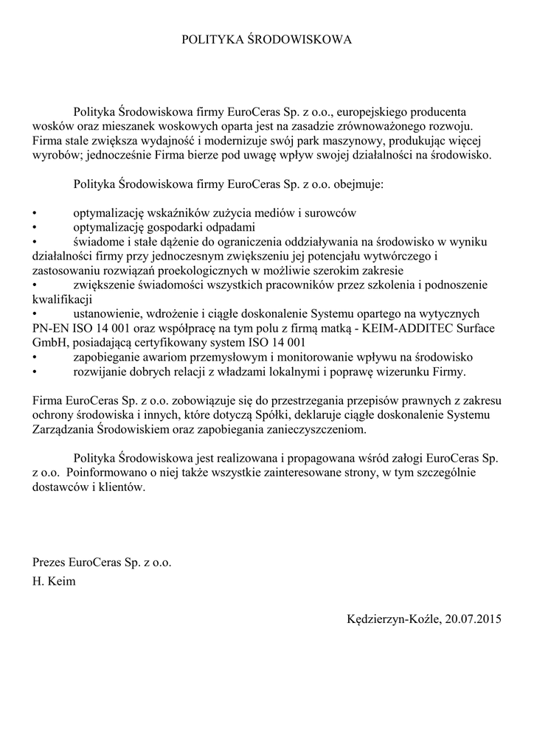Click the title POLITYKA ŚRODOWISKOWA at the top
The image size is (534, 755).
point(267,39)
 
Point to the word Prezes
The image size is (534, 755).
point(49,561)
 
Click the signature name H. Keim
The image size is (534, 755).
point(53,581)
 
